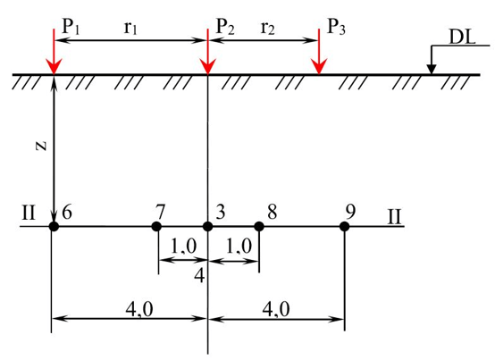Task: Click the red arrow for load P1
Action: (54, 52)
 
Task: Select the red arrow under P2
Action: (207, 52)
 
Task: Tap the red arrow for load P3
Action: (319, 52)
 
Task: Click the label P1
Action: (71, 26)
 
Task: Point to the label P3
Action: (337, 26)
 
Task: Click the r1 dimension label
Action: (130, 28)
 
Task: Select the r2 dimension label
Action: (268, 28)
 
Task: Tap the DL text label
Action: (462, 38)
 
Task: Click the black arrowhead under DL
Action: (432, 70)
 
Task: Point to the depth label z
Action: (42, 146)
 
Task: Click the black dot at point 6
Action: (54, 226)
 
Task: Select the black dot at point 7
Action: (156, 226)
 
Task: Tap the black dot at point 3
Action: (207, 226)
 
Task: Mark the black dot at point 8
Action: (259, 226)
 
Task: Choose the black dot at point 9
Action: (344, 226)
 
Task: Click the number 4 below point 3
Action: (199, 276)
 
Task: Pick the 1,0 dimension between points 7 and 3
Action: (183, 246)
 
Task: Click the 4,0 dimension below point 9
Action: (276, 309)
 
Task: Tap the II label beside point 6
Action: (29, 213)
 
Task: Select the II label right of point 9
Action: (395, 216)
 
